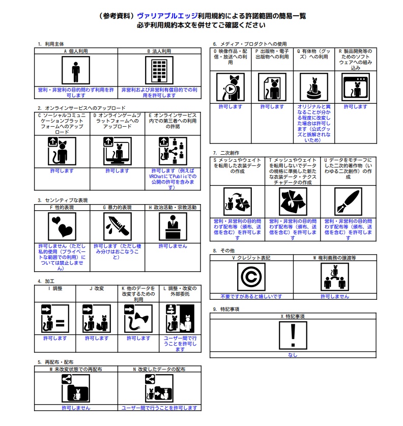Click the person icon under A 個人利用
[x=76, y=70]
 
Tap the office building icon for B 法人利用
[x=159, y=70]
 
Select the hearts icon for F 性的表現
[x=62, y=226]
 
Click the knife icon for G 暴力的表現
[x=118, y=226]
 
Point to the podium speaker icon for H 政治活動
[x=173, y=226]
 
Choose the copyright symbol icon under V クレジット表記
[x=251, y=277]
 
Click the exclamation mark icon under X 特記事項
[x=293, y=335]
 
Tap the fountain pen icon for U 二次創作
[x=348, y=202]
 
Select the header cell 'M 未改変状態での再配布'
[x=76, y=369]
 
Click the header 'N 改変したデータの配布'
[x=159, y=369]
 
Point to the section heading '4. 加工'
[x=46, y=281]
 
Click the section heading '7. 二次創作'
[x=226, y=153]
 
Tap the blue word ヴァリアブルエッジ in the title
[x=167, y=16]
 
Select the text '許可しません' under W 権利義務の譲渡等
[x=335, y=296]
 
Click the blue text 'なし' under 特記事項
[x=293, y=355]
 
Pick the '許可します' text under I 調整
[x=55, y=338]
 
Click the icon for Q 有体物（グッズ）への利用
[x=314, y=87]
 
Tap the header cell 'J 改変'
[x=97, y=289]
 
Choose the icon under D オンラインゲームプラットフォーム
[x=118, y=151]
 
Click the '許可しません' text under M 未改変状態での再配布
[x=76, y=408]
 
